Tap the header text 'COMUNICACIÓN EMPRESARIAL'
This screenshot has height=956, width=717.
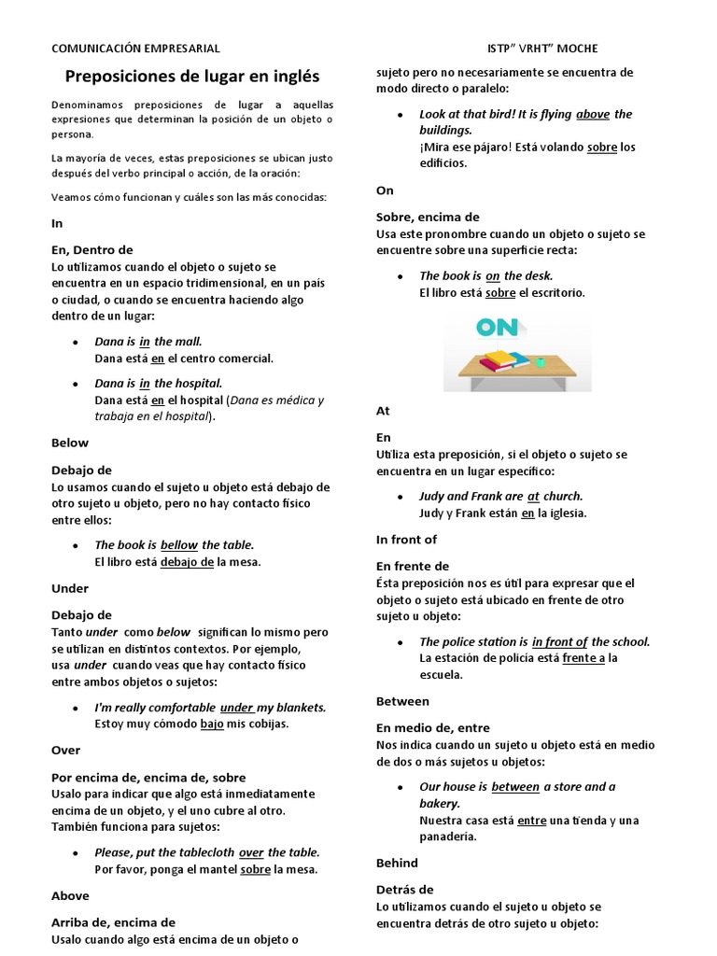[135, 49]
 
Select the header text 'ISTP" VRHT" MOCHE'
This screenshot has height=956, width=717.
[542, 49]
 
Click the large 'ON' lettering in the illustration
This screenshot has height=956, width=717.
[497, 328]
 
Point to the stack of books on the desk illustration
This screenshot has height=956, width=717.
[505, 359]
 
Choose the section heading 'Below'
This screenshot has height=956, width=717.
[70, 443]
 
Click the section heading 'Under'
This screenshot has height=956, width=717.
[70, 588]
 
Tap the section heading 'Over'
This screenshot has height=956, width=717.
[65, 750]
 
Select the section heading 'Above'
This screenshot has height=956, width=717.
[70, 895]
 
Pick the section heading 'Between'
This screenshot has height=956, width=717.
[402, 701]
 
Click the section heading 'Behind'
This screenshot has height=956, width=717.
[397, 863]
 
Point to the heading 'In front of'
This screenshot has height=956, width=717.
[406, 540]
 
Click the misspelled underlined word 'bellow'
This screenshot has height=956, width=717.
[179, 545]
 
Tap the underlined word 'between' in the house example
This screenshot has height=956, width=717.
[515, 787]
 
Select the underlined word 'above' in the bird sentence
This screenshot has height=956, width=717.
[593, 115]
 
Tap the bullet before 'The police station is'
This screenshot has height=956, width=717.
[400, 642]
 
